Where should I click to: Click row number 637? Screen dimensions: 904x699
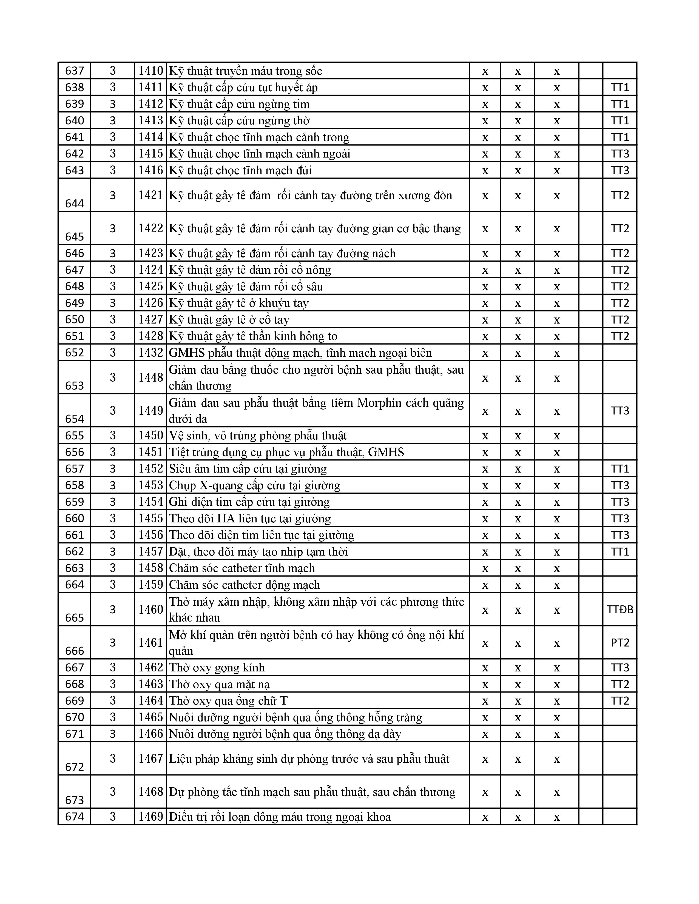click(x=75, y=71)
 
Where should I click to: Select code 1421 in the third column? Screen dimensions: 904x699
click(x=151, y=195)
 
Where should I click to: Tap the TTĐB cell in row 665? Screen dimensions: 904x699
click(x=620, y=609)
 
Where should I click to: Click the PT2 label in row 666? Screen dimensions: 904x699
click(x=620, y=642)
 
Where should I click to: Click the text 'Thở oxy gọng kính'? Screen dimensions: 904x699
click(x=217, y=667)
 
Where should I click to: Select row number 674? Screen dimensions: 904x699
click(x=75, y=816)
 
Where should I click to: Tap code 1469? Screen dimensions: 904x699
click(x=151, y=816)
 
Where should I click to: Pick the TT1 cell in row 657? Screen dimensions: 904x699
click(x=620, y=468)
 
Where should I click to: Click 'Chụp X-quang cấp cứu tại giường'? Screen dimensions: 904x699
click(x=254, y=485)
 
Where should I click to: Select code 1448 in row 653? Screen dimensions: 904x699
click(x=151, y=377)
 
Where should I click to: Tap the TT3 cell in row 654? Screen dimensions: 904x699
click(x=620, y=411)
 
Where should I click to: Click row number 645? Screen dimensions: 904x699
click(x=75, y=236)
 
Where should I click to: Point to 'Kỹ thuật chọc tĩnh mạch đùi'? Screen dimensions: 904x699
click(x=240, y=170)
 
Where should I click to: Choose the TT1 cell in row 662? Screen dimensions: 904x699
click(x=620, y=551)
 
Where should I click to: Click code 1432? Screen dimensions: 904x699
click(x=151, y=353)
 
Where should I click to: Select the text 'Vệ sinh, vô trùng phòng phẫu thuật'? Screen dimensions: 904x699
click(x=258, y=436)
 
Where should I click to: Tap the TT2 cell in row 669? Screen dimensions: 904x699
click(x=620, y=700)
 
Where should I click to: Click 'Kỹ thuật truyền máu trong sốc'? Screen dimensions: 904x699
click(x=245, y=71)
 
